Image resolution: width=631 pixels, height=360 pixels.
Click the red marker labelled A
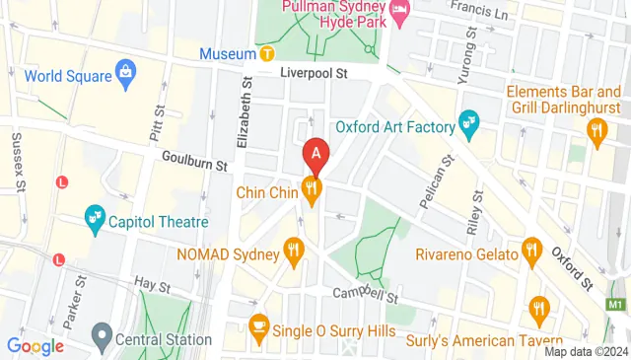315,154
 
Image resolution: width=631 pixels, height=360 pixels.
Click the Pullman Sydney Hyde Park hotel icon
400,11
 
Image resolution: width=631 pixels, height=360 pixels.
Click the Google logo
35,346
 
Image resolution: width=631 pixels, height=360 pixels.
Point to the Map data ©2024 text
586,352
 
